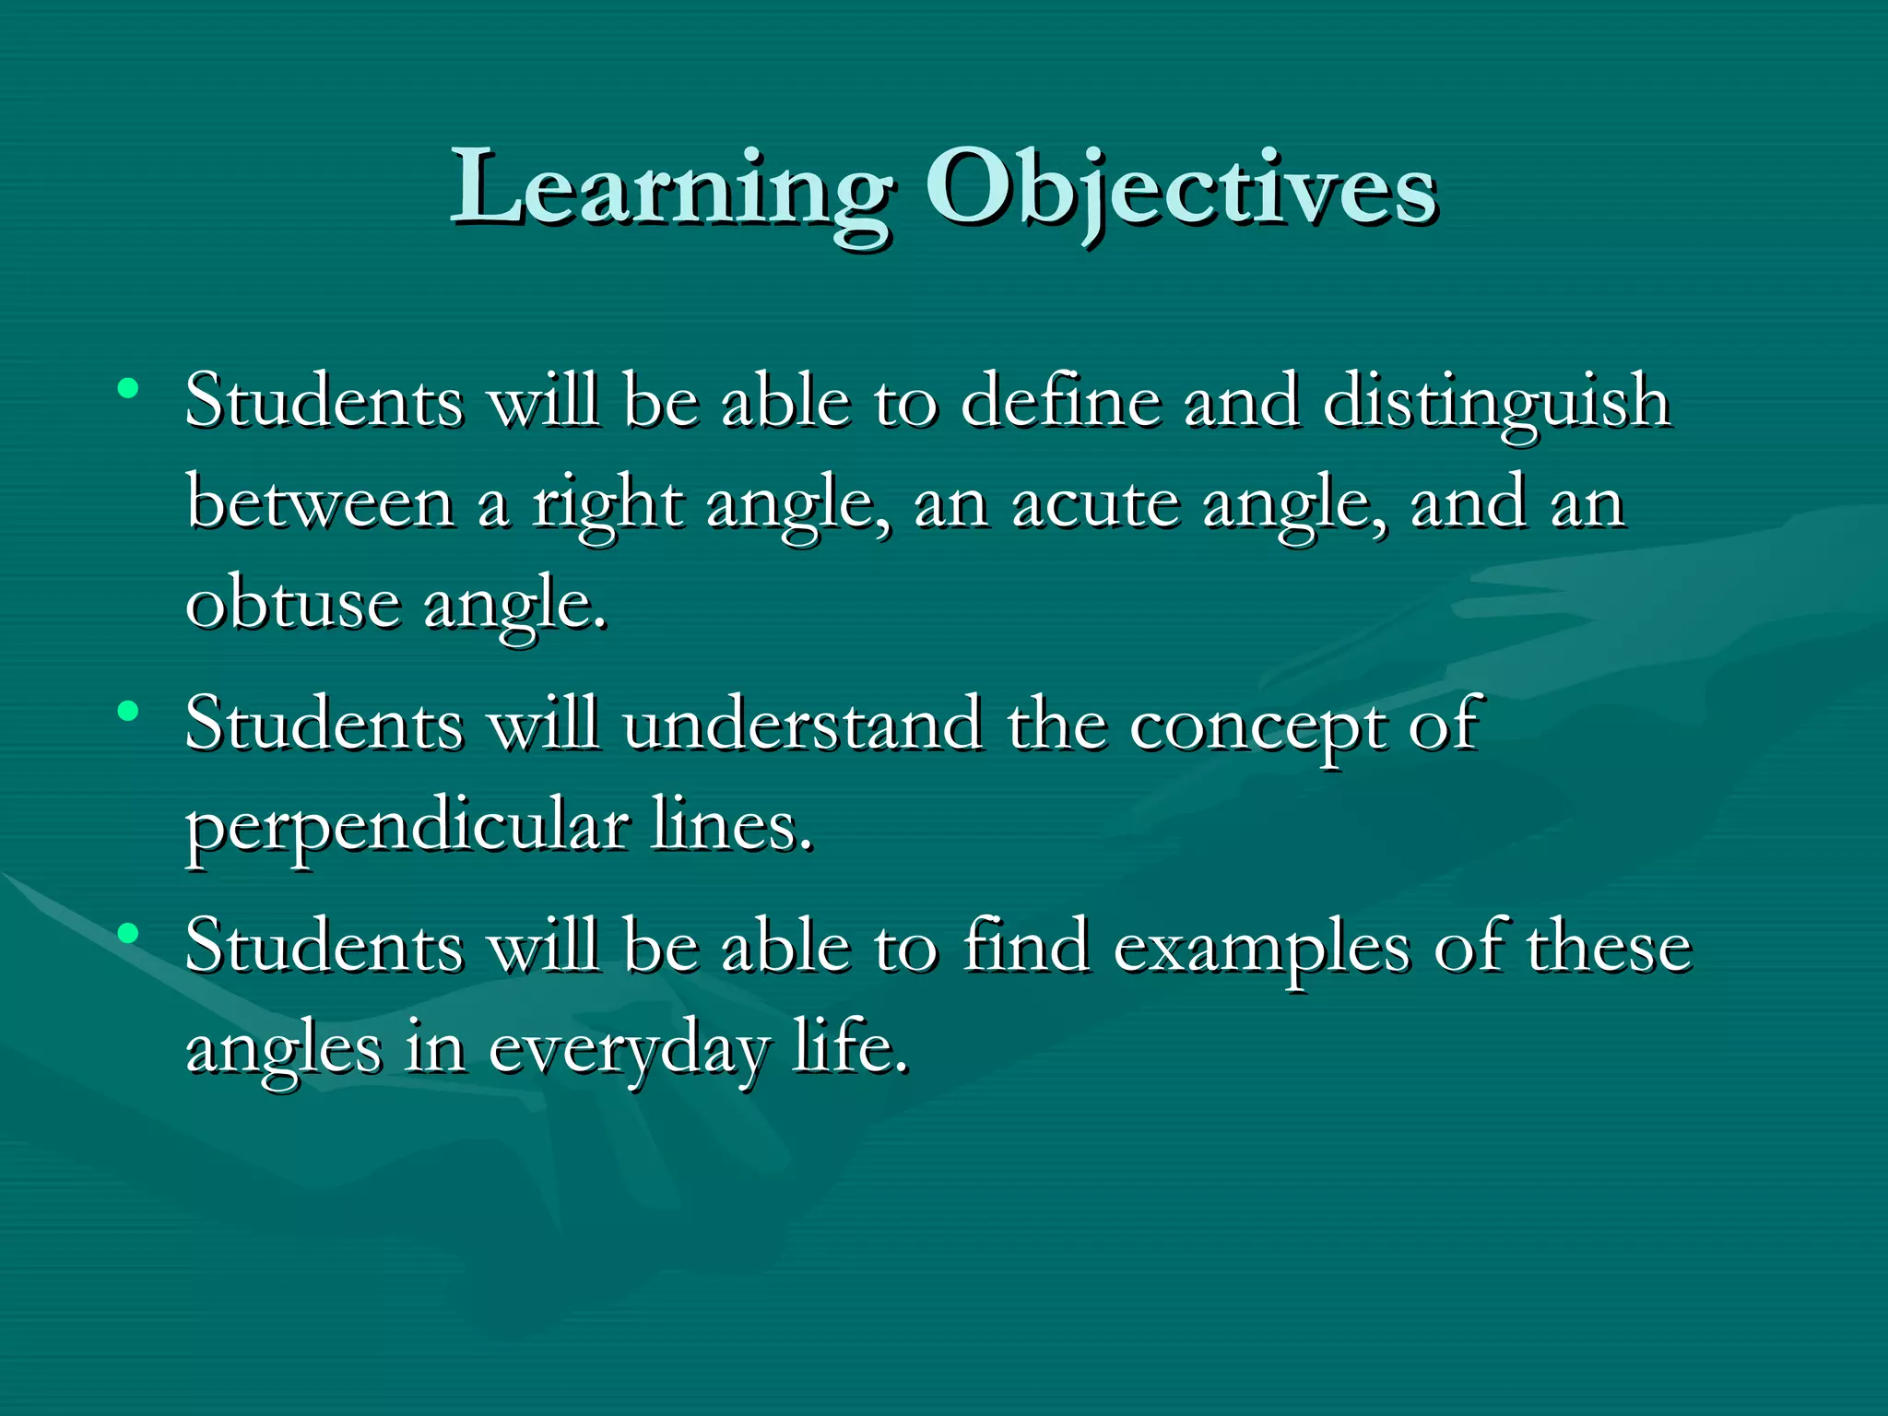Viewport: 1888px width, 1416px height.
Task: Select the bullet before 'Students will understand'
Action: pos(128,711)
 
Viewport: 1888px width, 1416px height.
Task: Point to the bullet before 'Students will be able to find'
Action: pos(128,933)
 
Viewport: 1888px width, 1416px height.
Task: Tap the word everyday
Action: pos(627,1051)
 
